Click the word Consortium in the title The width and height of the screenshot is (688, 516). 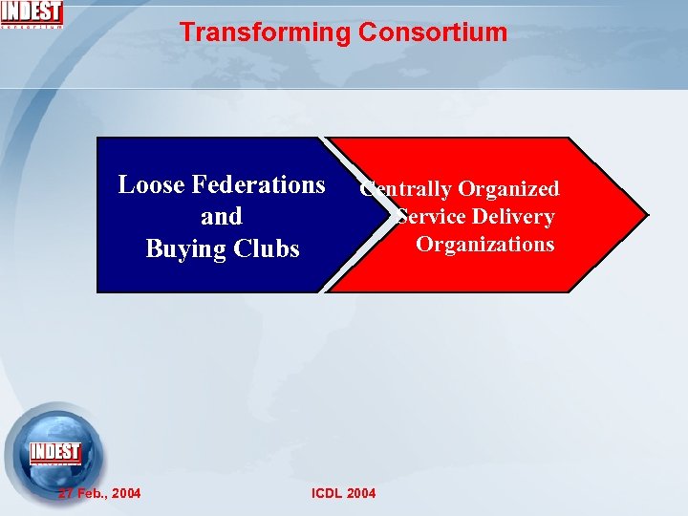(x=433, y=32)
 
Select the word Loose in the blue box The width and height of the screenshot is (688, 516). (x=151, y=184)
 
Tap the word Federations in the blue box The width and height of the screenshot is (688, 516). (x=258, y=184)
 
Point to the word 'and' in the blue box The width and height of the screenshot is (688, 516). (x=222, y=216)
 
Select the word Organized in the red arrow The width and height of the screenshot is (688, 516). (x=508, y=189)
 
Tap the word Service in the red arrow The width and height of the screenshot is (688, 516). (x=432, y=217)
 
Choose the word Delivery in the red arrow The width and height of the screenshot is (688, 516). (x=514, y=217)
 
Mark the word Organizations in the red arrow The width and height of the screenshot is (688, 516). (x=484, y=244)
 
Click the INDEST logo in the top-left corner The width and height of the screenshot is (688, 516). (x=32, y=14)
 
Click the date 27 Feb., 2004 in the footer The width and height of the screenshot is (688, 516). (x=99, y=493)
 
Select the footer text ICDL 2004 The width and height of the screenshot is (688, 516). (x=344, y=493)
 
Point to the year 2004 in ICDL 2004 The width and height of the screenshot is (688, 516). (x=361, y=493)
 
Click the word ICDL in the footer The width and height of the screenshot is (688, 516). (x=327, y=493)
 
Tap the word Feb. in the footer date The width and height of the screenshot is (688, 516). (x=92, y=493)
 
